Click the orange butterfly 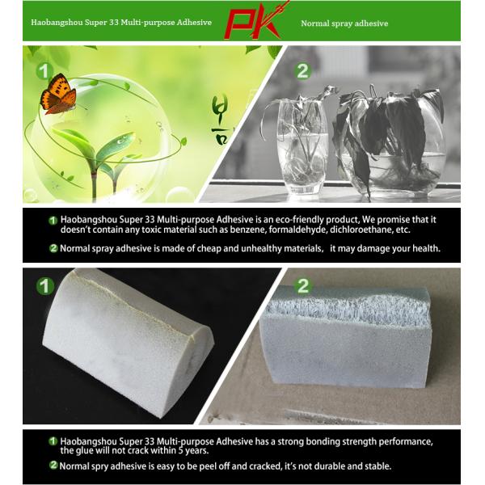(58, 94)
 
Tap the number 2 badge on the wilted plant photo (302, 70)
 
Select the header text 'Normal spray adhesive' (344, 23)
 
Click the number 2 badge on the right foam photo (303, 285)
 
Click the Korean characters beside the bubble (220, 114)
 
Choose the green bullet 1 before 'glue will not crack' (53, 441)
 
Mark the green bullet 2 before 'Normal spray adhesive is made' (53, 248)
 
